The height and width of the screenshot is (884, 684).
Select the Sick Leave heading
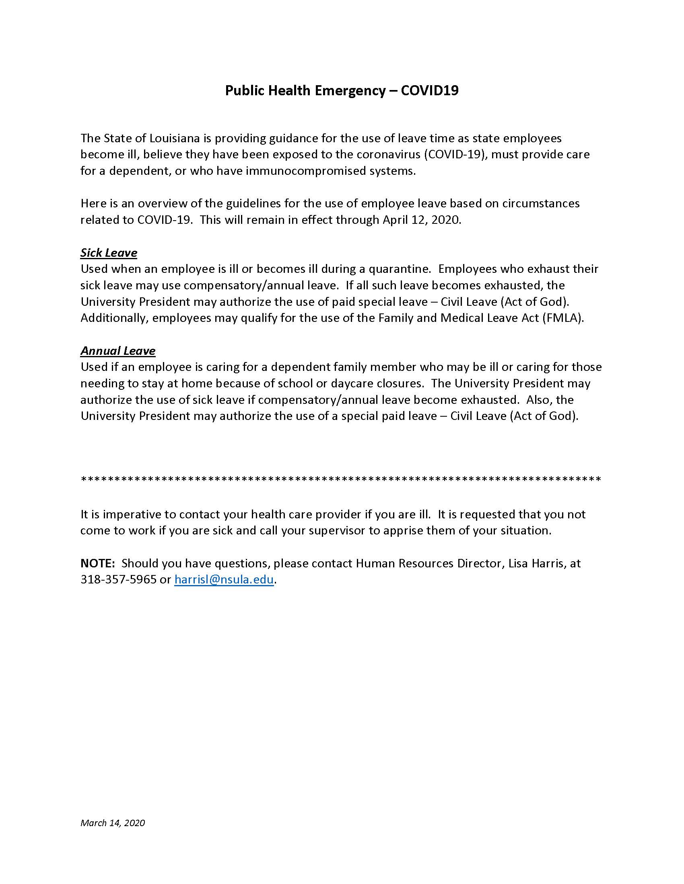pyautogui.click(x=109, y=253)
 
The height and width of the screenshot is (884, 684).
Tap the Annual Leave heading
pyautogui.click(x=117, y=350)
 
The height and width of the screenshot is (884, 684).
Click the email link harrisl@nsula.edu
pyautogui.click(x=224, y=579)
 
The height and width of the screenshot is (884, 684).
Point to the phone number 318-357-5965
pyautogui.click(x=118, y=579)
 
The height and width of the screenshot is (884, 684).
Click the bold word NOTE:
pyautogui.click(x=98, y=563)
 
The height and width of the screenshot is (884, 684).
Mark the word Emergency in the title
pyautogui.click(x=350, y=90)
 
